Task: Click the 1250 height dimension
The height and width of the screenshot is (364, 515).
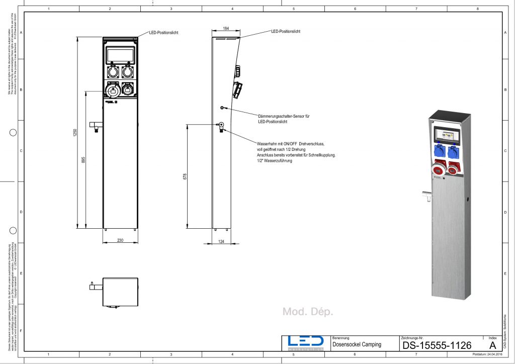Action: tap(75, 133)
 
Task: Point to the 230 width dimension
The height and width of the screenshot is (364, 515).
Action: tap(120, 241)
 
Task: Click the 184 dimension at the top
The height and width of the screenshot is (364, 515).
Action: tap(225, 29)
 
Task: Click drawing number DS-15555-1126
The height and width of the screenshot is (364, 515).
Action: tap(437, 345)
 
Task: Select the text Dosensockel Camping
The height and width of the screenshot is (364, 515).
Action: tap(357, 345)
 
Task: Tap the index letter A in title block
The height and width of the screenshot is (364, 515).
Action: tap(491, 345)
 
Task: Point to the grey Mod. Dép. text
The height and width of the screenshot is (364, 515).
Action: tap(308, 312)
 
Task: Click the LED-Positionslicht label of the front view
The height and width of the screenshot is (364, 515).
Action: tap(163, 33)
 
